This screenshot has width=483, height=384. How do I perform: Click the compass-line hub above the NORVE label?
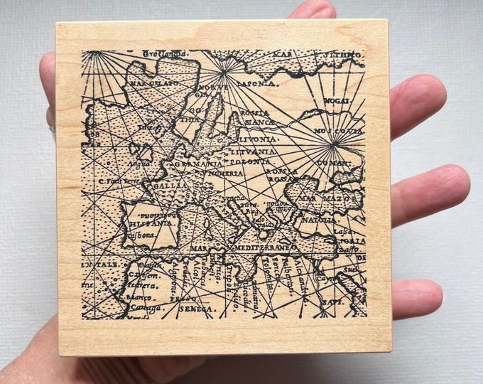[224, 70]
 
